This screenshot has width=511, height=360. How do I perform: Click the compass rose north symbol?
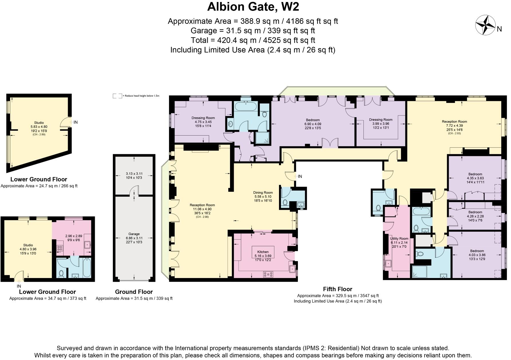point(486,25)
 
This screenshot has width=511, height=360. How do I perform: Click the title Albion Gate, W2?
point(253,7)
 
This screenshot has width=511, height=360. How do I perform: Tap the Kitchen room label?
point(263,252)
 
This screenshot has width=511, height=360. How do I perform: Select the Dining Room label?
point(263,193)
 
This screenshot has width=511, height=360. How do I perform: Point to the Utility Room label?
point(399,238)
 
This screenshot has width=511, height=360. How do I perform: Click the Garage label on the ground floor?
point(134,234)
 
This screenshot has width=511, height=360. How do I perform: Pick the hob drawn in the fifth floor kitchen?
point(268,274)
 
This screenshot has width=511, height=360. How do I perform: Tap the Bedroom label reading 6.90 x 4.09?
point(313,120)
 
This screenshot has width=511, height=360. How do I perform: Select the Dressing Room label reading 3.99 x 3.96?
point(380,120)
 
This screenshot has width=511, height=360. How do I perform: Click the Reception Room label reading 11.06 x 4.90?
point(202,205)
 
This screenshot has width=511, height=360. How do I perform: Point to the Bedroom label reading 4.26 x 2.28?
point(475,212)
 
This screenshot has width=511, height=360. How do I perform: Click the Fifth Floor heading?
point(337,289)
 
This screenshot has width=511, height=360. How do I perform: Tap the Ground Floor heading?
point(134,292)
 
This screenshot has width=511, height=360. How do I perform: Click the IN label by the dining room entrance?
point(300,177)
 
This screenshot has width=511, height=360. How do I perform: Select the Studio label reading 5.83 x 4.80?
point(39,123)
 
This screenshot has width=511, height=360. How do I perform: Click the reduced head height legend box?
point(117,96)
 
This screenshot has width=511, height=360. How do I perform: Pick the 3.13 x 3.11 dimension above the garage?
point(134,174)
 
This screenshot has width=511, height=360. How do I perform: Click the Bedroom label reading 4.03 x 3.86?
point(477,251)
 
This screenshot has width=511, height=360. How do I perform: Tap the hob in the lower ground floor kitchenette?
point(60,248)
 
